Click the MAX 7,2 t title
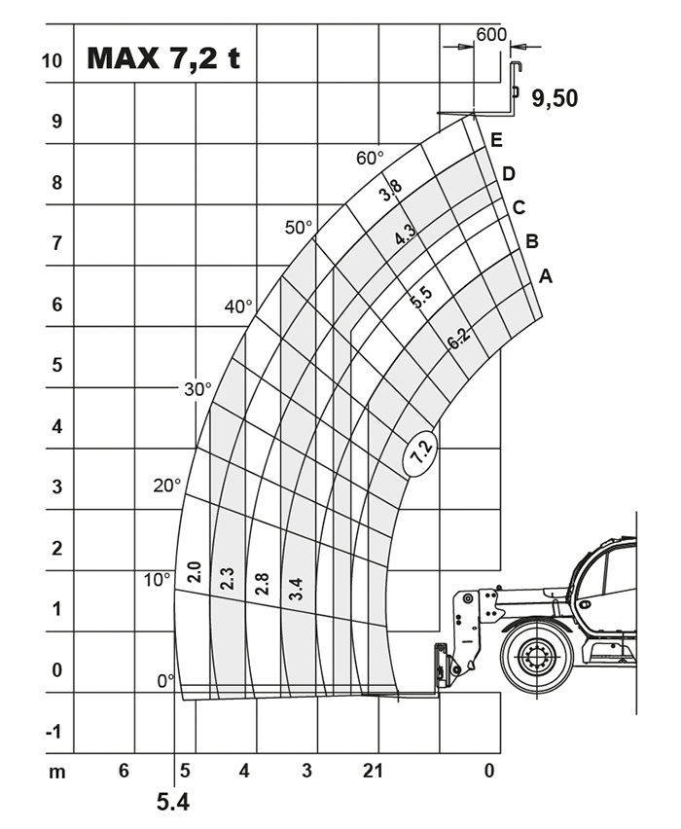163,57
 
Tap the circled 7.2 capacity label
421,452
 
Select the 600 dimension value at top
491,34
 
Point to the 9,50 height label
555,98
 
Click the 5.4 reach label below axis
172,803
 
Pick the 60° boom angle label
370,158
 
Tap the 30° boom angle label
197,389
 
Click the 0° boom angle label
165,681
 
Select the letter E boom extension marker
496,140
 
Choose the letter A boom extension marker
546,276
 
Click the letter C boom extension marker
520,208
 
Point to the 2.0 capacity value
195,572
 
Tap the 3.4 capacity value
296,589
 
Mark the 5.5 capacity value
421,298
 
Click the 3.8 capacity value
391,191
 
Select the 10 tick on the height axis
52,60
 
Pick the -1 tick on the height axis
54,732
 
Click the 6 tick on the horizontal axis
124,771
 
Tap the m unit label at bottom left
57,773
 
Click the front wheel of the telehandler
537,657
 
